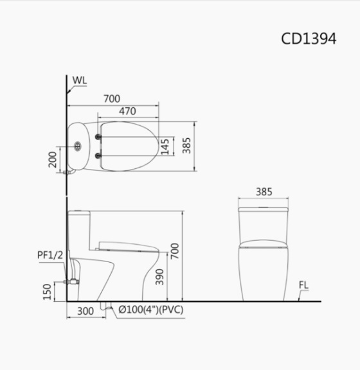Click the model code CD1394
coord(309,38)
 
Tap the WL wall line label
coord(80,80)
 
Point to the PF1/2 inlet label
coord(50,255)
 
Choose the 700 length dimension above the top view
coord(112,98)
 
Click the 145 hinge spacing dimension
coord(165,146)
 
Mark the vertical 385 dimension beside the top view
coord(186,146)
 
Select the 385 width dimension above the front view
coord(264,191)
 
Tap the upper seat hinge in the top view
coord(98,137)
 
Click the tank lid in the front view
coord(264,208)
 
